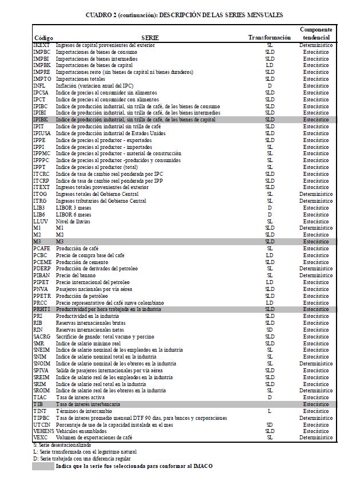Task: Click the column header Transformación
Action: tap(270, 37)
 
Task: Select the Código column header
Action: tap(43, 38)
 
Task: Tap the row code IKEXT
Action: tap(41, 45)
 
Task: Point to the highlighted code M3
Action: tap(37, 241)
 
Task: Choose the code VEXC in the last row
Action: tap(41, 438)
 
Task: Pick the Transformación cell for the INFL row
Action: tap(270, 85)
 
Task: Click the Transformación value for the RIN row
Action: tap(270, 329)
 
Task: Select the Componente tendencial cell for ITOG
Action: tap(316, 194)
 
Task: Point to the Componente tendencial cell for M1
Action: tap(316, 228)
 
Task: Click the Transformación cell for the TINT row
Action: tap(270, 411)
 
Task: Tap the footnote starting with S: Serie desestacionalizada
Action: tap(62, 444)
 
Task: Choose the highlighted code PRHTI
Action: tap(42, 309)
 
